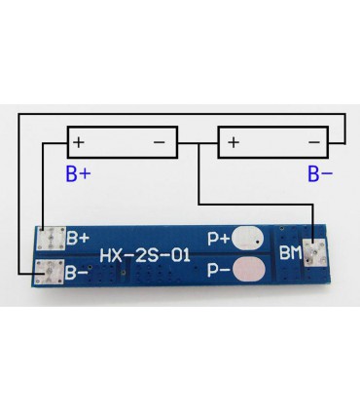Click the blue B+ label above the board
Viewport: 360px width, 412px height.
[80, 175]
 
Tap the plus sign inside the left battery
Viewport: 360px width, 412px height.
[79, 143]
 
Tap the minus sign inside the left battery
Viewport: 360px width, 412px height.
[161, 143]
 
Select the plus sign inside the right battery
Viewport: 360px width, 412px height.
[233, 143]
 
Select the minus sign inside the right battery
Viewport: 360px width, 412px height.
[313, 143]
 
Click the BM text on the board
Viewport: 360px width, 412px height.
[291, 253]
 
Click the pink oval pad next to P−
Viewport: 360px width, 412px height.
[250, 268]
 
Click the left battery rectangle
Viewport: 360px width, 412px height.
[122, 143]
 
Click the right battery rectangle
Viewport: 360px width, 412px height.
[273, 143]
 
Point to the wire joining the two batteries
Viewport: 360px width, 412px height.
[198, 143]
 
